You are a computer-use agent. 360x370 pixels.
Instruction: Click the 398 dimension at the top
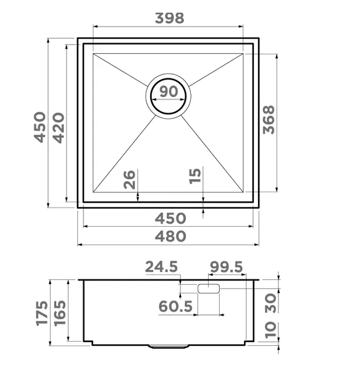(169, 18)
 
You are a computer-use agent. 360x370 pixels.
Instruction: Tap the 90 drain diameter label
(169, 91)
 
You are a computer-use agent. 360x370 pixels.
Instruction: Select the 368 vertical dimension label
(269, 120)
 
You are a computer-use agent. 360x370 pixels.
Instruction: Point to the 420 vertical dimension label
(59, 128)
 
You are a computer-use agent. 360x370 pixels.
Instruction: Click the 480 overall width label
(170, 236)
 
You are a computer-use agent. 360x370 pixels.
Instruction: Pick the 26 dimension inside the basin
(129, 179)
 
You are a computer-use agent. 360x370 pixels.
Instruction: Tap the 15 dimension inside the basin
(195, 176)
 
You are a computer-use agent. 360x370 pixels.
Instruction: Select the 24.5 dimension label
(161, 267)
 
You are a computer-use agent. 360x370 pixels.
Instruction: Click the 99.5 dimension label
(226, 267)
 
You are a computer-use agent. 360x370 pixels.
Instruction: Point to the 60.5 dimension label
(176, 306)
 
